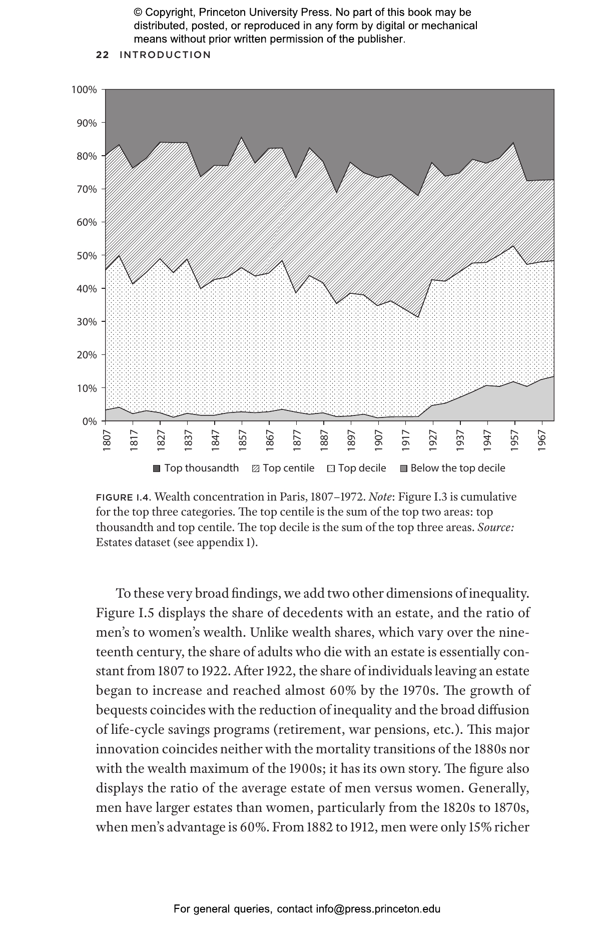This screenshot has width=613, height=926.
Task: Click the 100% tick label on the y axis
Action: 84,90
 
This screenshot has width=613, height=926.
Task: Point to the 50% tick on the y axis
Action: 87,256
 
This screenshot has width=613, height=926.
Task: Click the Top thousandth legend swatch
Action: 157,469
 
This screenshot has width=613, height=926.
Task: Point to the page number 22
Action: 102,55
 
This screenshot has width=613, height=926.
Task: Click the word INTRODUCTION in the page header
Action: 165,55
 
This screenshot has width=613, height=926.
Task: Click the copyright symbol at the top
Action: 138,13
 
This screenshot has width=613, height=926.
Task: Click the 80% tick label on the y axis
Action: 87,156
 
